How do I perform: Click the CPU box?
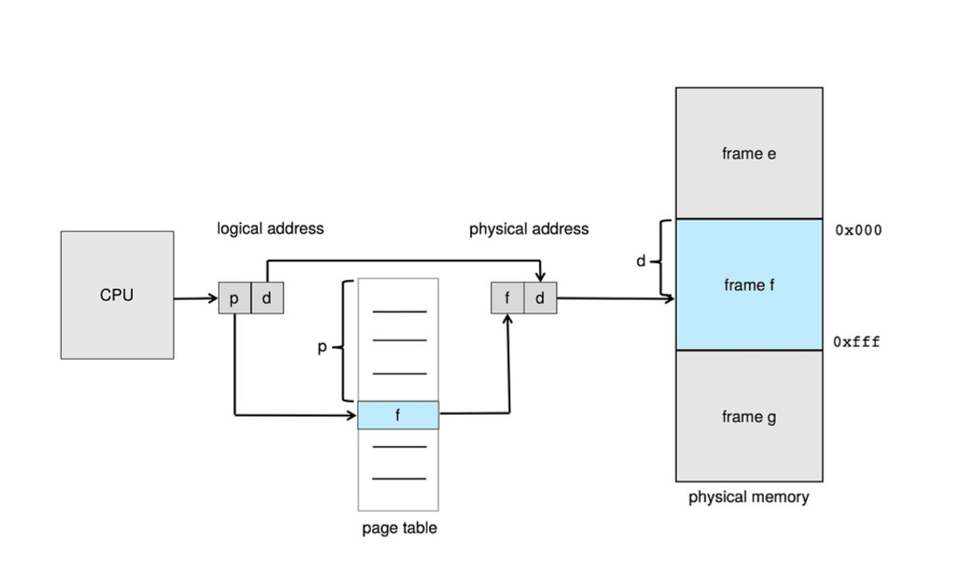[117, 295]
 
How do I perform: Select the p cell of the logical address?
[234, 298]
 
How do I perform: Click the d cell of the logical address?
[267, 298]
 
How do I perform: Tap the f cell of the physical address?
[507, 298]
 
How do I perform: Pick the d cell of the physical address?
[539, 298]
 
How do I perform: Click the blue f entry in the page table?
[398, 416]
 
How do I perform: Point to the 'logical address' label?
[270, 228]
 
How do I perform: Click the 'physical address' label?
[529, 229]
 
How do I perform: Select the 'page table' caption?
[399, 528]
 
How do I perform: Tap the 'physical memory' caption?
[748, 497]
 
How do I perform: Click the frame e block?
[748, 153]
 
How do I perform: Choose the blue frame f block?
[748, 284]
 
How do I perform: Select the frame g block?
[748, 416]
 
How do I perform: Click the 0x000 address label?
[858, 231]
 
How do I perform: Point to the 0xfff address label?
[857, 342]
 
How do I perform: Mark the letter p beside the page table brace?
[322, 347]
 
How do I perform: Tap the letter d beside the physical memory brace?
[641, 261]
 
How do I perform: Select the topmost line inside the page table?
[399, 311]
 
